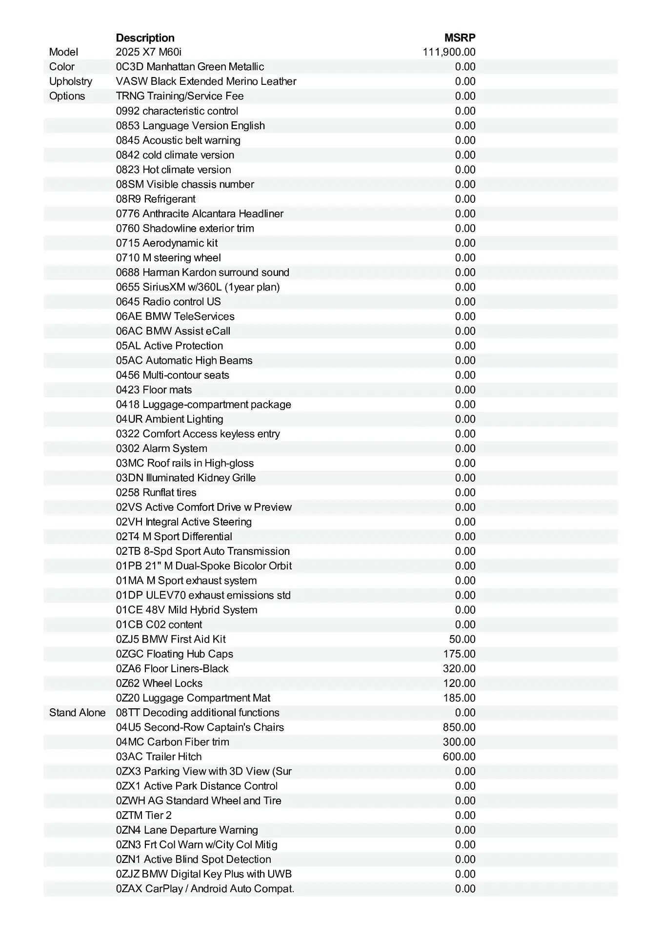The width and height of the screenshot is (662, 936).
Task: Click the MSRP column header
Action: (x=460, y=38)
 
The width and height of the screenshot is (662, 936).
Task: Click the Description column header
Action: (x=145, y=38)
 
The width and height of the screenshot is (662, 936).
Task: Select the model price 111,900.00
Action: (x=449, y=52)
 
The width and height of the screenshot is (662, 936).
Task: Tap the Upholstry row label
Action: (x=70, y=81)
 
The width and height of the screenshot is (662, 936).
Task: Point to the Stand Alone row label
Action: (x=77, y=713)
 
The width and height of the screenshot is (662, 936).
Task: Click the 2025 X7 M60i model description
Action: (x=148, y=52)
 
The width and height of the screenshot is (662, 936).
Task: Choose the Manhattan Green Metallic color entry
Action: (x=190, y=67)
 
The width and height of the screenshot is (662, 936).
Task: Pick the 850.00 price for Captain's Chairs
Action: (x=459, y=727)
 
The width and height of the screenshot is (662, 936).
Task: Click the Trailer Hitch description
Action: (x=159, y=757)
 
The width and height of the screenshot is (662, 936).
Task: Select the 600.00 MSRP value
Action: (x=459, y=757)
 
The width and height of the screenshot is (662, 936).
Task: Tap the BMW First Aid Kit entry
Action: (x=171, y=639)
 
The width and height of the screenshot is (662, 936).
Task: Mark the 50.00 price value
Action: (x=462, y=639)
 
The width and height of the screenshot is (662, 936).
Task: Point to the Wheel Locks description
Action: (x=159, y=683)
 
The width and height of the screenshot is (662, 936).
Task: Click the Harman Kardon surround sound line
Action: (x=202, y=273)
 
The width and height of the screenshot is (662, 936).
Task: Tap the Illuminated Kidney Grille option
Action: (x=185, y=478)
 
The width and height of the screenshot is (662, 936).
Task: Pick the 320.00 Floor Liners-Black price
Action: (x=459, y=668)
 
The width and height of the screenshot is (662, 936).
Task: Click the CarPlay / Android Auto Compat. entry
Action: (x=205, y=889)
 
